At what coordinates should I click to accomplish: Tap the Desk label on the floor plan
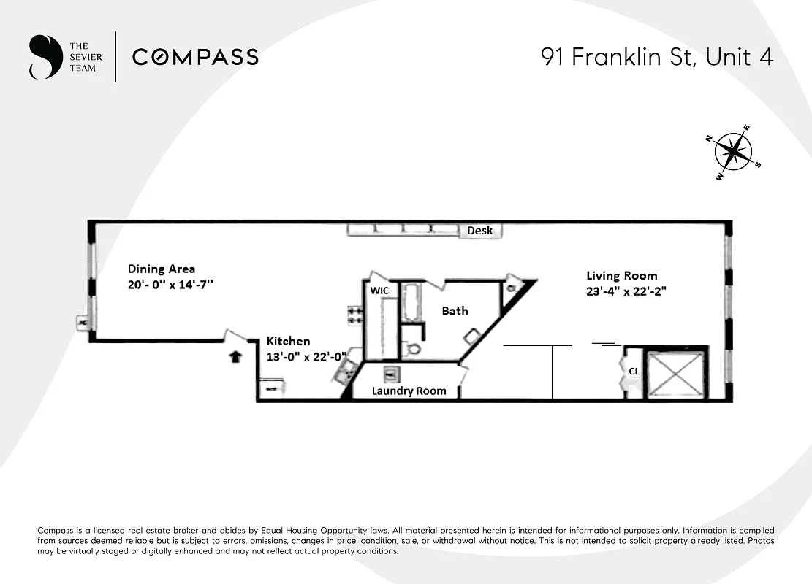pos(479,231)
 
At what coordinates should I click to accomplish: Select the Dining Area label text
pos(162,269)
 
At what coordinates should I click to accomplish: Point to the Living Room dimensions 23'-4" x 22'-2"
pos(626,291)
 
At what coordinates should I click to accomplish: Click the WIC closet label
pos(379,291)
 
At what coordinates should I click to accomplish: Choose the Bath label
pos(455,311)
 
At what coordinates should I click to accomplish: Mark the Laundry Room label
pos(409,391)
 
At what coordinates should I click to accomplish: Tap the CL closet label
pos(634,371)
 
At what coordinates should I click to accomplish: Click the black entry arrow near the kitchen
pos(235,357)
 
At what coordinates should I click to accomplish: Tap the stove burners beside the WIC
pos(355,315)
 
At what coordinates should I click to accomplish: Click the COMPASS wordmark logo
pos(195,57)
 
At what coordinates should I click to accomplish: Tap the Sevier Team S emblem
pos(44,57)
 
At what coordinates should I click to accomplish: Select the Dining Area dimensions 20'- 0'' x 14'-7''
pos(170,285)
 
